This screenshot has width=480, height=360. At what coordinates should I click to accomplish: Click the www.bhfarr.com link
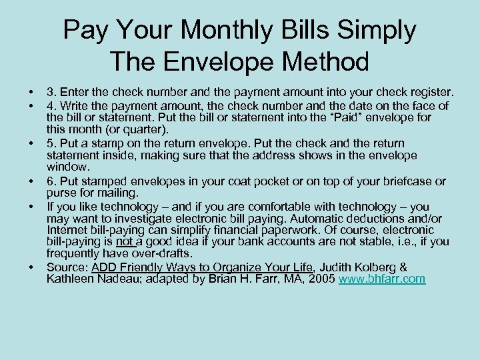pos(381,279)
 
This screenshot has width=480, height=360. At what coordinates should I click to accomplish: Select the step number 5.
pos(51,143)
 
